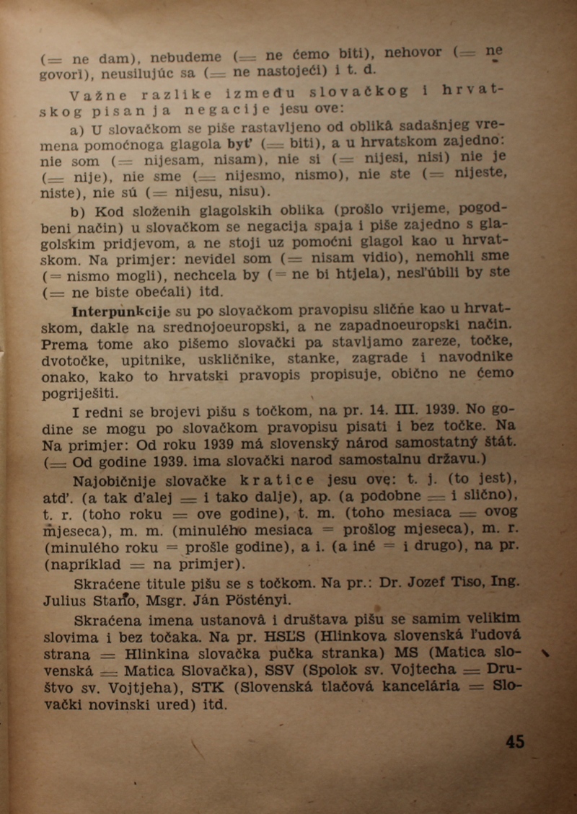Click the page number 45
coord(516,741)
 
